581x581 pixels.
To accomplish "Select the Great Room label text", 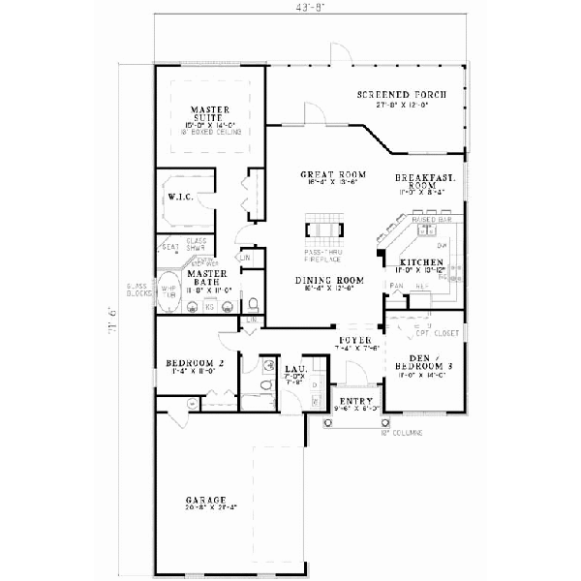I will [325, 174].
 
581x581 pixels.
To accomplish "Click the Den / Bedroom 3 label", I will [421, 360].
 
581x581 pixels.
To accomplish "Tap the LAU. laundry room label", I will [295, 368].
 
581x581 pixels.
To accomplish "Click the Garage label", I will [207, 501].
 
